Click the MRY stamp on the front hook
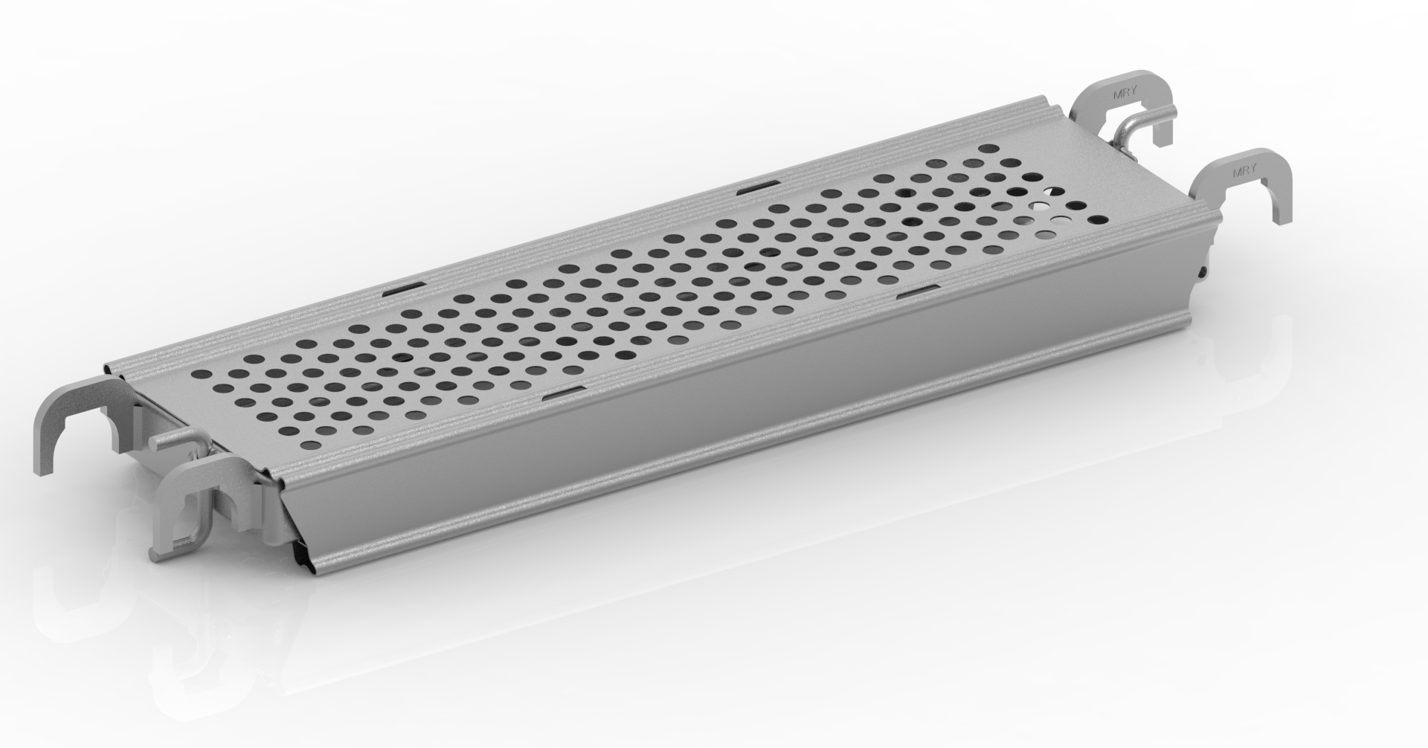point(1245,171)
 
